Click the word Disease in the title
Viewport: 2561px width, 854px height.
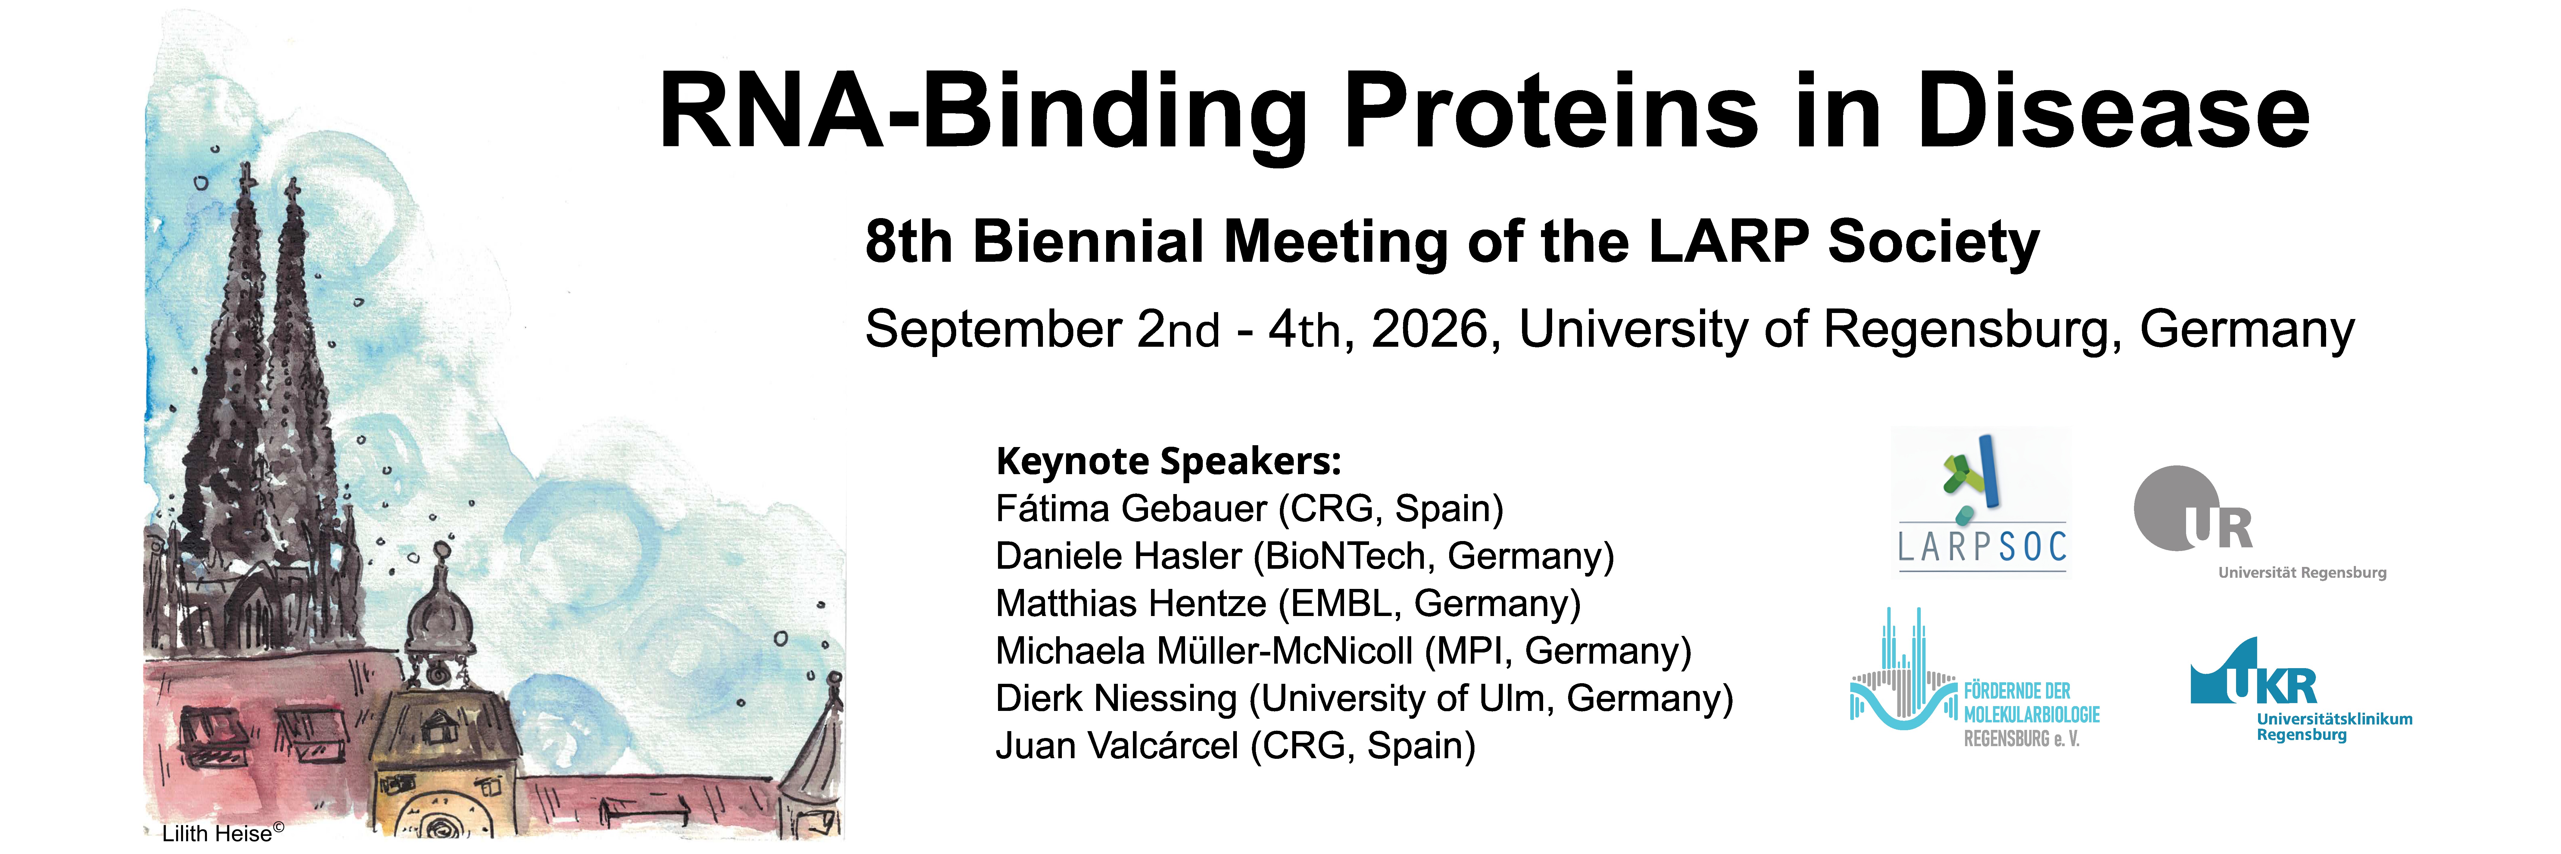[2113, 111]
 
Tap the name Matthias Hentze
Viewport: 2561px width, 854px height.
[1131, 603]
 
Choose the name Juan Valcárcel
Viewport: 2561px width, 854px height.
[1116, 747]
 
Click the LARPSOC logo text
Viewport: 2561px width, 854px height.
[1982, 547]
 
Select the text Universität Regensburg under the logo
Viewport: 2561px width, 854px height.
[2303, 573]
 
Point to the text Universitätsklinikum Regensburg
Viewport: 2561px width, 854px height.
[2334, 727]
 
